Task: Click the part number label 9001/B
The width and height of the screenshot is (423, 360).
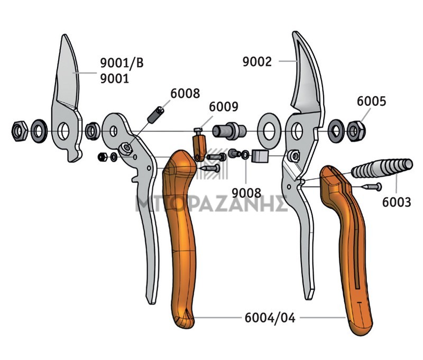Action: tap(122, 63)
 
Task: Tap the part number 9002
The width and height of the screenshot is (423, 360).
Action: tap(257, 62)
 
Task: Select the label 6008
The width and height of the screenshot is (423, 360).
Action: tap(185, 93)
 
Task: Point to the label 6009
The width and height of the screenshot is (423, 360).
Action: tap(224, 106)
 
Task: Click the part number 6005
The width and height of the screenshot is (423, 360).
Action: tap(372, 101)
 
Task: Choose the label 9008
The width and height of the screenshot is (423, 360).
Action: tap(246, 193)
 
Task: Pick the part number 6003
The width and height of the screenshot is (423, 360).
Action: tap(397, 202)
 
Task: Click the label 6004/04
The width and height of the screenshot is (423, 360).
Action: tap(270, 318)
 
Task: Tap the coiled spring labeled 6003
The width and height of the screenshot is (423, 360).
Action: tap(382, 168)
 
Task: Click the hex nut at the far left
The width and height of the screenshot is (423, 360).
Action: tap(20, 131)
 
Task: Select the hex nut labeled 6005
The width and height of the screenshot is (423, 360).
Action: tap(356, 131)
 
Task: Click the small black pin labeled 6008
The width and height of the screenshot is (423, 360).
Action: tap(155, 115)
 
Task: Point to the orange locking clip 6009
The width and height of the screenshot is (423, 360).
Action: tap(200, 145)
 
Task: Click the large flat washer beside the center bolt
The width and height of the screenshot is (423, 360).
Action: tap(269, 131)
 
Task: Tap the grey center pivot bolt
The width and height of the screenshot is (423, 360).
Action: tap(229, 131)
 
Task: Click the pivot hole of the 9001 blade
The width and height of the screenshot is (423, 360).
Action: tap(63, 131)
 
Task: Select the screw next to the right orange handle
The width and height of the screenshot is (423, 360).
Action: tap(371, 187)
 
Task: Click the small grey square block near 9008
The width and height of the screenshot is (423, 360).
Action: tap(260, 156)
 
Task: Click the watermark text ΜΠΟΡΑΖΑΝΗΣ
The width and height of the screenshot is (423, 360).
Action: tap(212, 204)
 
